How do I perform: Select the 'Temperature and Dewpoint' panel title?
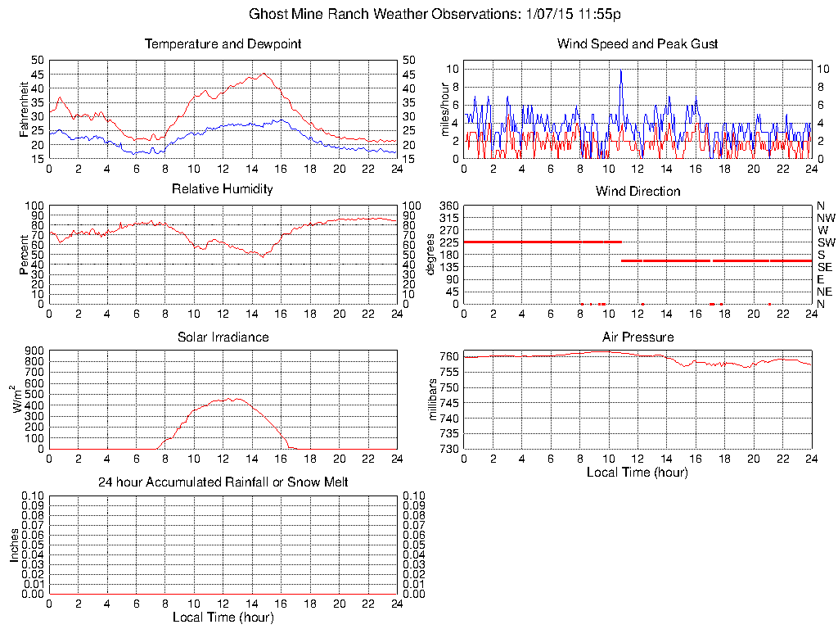pyautogui.click(x=223, y=43)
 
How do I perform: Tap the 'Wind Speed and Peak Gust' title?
pyautogui.click(x=638, y=43)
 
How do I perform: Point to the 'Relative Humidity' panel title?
pyautogui.click(x=223, y=189)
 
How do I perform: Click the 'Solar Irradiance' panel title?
pyautogui.click(x=223, y=337)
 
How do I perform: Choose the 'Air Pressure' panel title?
pyautogui.click(x=638, y=337)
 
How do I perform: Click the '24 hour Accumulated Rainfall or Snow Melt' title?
pyautogui.click(x=223, y=482)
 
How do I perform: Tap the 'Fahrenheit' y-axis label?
pyautogui.click(x=25, y=109)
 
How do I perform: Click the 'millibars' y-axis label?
pyautogui.click(x=435, y=400)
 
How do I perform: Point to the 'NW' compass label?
pyautogui.click(x=826, y=218)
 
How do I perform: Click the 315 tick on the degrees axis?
pyautogui.click(x=448, y=218)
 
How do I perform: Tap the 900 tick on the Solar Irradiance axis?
pyautogui.click(x=33, y=351)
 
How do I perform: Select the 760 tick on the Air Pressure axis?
pyautogui.click(x=448, y=356)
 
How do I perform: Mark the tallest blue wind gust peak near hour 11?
pyautogui.click(x=621, y=70)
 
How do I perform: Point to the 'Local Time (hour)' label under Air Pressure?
pyautogui.click(x=638, y=473)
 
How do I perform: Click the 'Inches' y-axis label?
pyautogui.click(x=14, y=545)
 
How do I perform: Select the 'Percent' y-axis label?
pyautogui.click(x=25, y=255)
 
